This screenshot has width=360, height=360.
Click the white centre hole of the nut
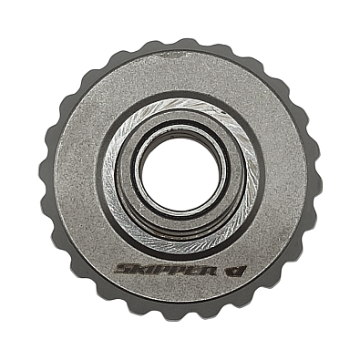pos(180,174)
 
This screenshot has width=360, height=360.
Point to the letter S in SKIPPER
pos(123,269)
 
